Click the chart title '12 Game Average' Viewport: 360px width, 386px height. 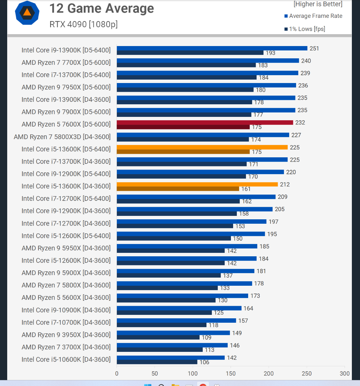(x=102, y=8)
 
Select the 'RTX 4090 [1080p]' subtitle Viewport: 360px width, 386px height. (x=83, y=24)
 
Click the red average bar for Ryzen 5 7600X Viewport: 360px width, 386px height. (x=205, y=123)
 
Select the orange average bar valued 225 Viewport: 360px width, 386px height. (x=202, y=147)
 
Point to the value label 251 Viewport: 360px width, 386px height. (x=314, y=49)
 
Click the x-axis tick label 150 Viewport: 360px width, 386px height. (x=231, y=373)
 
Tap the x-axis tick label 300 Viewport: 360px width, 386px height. (x=344, y=373)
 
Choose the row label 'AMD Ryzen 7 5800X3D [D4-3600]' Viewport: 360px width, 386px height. (x=62, y=137)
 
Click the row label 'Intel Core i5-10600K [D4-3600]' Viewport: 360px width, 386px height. (x=66, y=359)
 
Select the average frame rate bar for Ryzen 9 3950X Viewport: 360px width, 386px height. (x=173, y=333)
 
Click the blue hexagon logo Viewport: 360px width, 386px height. (x=27, y=13)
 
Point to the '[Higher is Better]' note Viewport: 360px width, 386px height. (x=318, y=4)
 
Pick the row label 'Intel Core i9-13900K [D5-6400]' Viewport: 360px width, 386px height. (x=66, y=50)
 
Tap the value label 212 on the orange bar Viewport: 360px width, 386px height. (x=285, y=185)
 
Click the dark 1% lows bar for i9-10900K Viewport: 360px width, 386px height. (x=164, y=313)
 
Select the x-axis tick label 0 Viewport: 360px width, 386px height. (x=117, y=373)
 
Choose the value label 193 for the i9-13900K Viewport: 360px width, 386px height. (x=270, y=53)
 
